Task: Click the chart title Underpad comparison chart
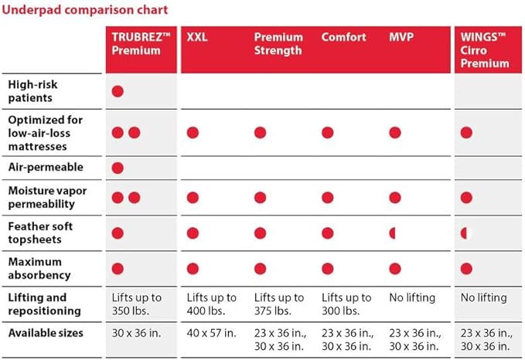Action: pos(85,10)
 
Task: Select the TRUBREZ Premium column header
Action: pos(141,43)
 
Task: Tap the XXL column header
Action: pos(197,37)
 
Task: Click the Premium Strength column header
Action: pos(278,43)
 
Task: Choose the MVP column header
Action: pos(401,37)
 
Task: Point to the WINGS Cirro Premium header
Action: pos(485,50)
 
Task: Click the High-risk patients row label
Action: pos(32,91)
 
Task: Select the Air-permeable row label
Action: pos(46,167)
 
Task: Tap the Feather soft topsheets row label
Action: pos(40,233)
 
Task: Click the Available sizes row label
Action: pos(46,333)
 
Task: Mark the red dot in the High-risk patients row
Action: pos(118,91)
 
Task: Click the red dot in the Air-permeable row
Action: pos(118,168)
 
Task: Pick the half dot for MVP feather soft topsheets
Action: pos(393,233)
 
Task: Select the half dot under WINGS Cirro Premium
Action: pos(464,233)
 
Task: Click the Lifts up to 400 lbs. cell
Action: pos(211,304)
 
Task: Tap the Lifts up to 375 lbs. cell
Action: pos(279,304)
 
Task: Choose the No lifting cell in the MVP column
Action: pos(412,297)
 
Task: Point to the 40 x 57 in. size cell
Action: pos(211,333)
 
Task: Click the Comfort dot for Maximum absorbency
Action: pos(328,269)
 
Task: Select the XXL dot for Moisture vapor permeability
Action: pos(193,198)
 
